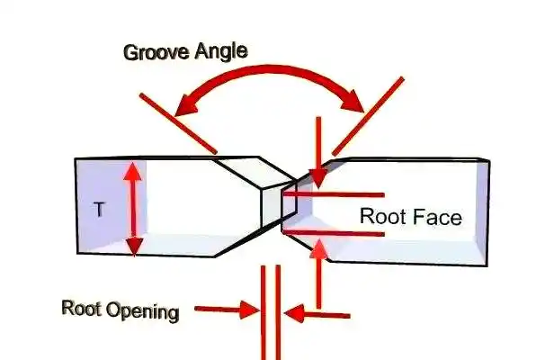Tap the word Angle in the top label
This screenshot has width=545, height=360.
(x=222, y=51)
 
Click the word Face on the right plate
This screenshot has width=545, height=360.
(x=437, y=217)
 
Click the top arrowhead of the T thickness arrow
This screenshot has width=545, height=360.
(x=133, y=168)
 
